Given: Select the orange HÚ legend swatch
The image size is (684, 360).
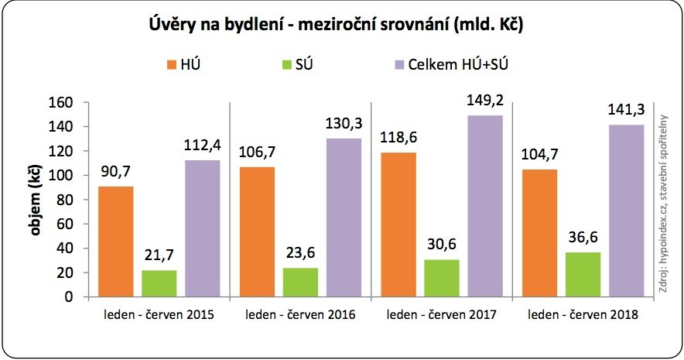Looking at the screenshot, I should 173,65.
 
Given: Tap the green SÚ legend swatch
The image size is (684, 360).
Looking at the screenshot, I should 288,65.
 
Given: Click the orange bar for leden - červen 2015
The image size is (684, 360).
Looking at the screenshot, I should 116,242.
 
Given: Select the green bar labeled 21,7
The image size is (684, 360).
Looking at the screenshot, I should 159,283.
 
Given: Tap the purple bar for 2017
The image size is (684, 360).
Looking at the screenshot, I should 484,206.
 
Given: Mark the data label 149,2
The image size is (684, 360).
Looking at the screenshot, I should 484,101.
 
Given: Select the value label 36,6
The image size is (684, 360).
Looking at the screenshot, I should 583,238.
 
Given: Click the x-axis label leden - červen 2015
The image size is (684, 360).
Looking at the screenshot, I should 159,316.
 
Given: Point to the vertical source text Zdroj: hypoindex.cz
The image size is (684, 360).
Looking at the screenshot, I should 664,201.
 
